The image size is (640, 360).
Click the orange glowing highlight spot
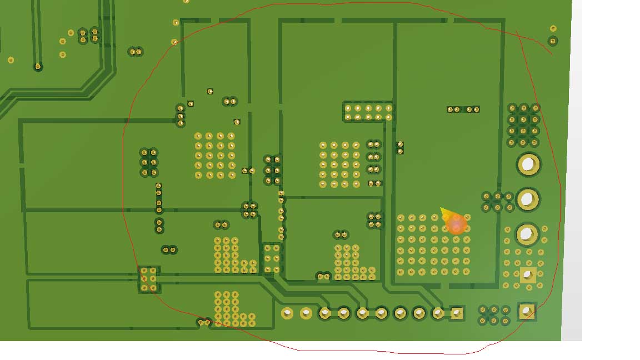click(457, 224)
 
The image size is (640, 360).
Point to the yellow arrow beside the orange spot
click(445, 213)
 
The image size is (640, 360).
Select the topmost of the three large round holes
click(528, 164)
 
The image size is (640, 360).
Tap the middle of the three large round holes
click(528, 199)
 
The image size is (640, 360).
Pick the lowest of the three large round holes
click(527, 234)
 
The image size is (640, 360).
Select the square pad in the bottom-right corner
click(526, 311)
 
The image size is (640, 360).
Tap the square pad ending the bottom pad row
click(457, 313)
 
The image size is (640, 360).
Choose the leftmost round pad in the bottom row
click(287, 313)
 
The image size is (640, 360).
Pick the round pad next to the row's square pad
click(438, 313)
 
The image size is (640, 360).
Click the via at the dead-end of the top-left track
click(38, 67)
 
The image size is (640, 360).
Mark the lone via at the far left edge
click(11, 60)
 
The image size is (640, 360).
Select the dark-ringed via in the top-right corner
click(552, 41)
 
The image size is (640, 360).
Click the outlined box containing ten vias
click(368, 112)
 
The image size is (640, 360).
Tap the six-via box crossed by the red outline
click(148, 279)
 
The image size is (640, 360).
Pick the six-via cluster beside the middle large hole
click(498, 202)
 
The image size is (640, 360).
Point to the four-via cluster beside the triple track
click(89, 36)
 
